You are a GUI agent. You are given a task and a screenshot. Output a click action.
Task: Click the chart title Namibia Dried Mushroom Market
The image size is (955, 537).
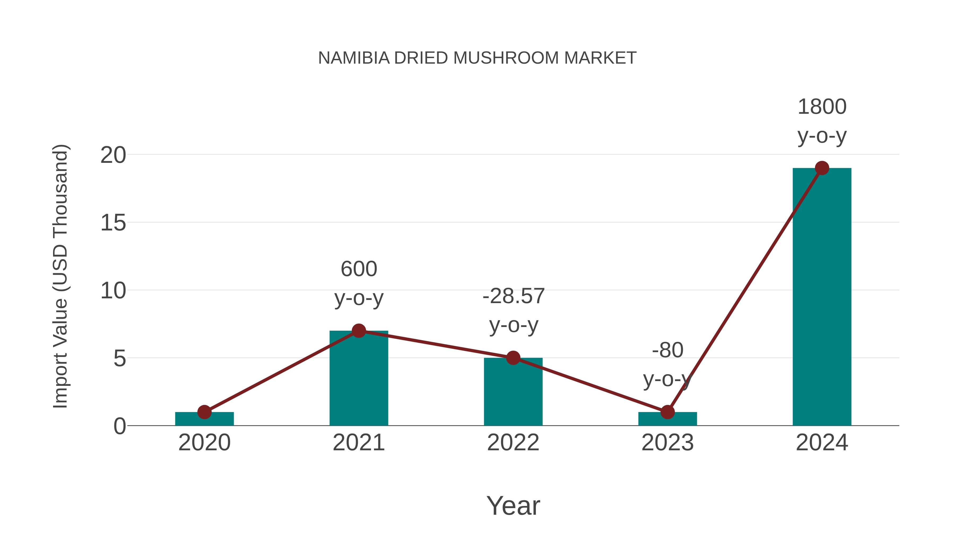pyautogui.click(x=477, y=58)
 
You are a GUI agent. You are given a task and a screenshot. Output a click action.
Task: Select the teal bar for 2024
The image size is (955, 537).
pyautogui.click(x=822, y=296)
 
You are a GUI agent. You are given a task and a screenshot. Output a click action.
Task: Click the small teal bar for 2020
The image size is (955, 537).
pyautogui.click(x=204, y=419)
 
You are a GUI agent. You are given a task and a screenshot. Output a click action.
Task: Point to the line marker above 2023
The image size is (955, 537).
pyautogui.click(x=667, y=412)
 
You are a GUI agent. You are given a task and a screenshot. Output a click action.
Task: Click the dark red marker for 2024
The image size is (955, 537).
pyautogui.click(x=822, y=168)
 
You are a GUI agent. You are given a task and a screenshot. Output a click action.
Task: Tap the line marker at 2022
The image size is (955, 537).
pyautogui.click(x=513, y=358)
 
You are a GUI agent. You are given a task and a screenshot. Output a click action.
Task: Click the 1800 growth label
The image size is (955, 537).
pyautogui.click(x=822, y=107)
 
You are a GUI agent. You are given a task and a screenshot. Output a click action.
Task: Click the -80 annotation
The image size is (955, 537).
pyautogui.click(x=667, y=350)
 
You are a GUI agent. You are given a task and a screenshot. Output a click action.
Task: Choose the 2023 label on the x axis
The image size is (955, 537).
pyautogui.click(x=667, y=443)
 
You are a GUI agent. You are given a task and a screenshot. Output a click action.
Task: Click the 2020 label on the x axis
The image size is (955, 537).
pyautogui.click(x=204, y=443)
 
